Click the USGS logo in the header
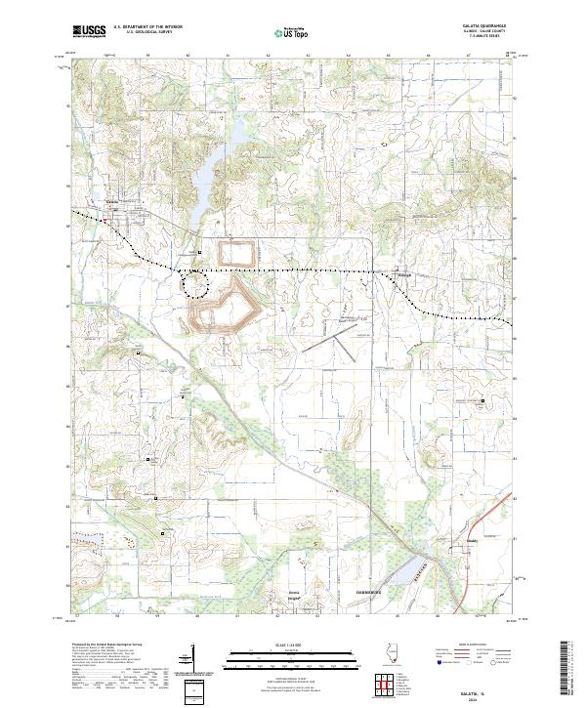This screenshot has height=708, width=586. click(89, 31)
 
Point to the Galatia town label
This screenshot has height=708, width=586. click(111, 202)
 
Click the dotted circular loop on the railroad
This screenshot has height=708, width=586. click(195, 282)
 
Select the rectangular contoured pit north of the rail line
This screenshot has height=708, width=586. click(236, 252)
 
